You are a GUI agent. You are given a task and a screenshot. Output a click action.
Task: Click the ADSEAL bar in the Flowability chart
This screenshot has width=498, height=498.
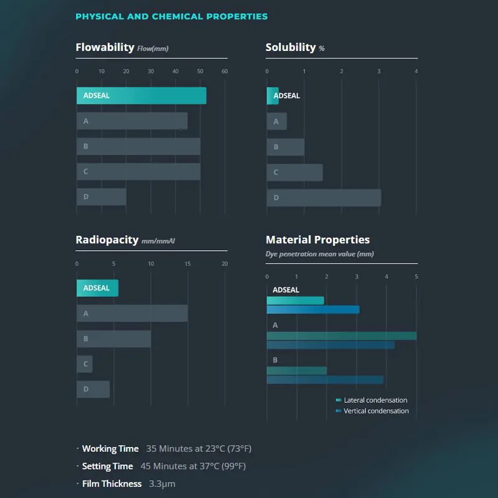point(141,96)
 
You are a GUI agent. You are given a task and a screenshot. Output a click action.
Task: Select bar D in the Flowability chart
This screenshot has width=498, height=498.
point(101,197)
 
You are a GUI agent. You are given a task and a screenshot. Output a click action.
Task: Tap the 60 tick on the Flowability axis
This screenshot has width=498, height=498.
point(225,72)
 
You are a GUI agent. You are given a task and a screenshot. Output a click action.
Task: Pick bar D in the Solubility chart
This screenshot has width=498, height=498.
point(324,198)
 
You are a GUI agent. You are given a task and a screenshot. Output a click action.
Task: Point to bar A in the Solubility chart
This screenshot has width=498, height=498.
point(277,121)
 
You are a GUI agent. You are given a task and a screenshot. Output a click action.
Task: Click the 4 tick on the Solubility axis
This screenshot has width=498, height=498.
point(416,72)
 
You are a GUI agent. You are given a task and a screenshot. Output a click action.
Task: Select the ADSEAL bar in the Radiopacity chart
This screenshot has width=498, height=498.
point(97,288)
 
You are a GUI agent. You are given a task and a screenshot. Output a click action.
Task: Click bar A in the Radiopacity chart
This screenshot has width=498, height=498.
point(132,314)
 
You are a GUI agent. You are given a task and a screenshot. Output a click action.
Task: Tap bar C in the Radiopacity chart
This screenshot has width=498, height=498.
point(85,364)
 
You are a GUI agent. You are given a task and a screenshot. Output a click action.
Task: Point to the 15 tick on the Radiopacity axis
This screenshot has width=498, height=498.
point(188,264)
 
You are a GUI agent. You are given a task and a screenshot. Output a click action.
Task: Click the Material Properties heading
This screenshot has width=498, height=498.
point(317,240)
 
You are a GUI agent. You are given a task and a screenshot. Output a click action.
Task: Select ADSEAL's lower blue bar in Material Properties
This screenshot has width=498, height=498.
point(312,309)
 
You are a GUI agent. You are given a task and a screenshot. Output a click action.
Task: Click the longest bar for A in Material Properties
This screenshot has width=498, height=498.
point(341,336)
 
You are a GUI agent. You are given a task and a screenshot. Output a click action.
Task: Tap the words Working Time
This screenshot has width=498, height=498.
point(110,449)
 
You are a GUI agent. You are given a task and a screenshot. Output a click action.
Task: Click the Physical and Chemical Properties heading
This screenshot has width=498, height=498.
point(171,17)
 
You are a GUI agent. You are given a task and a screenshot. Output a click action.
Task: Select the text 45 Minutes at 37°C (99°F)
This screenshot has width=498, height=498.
point(193,466)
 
